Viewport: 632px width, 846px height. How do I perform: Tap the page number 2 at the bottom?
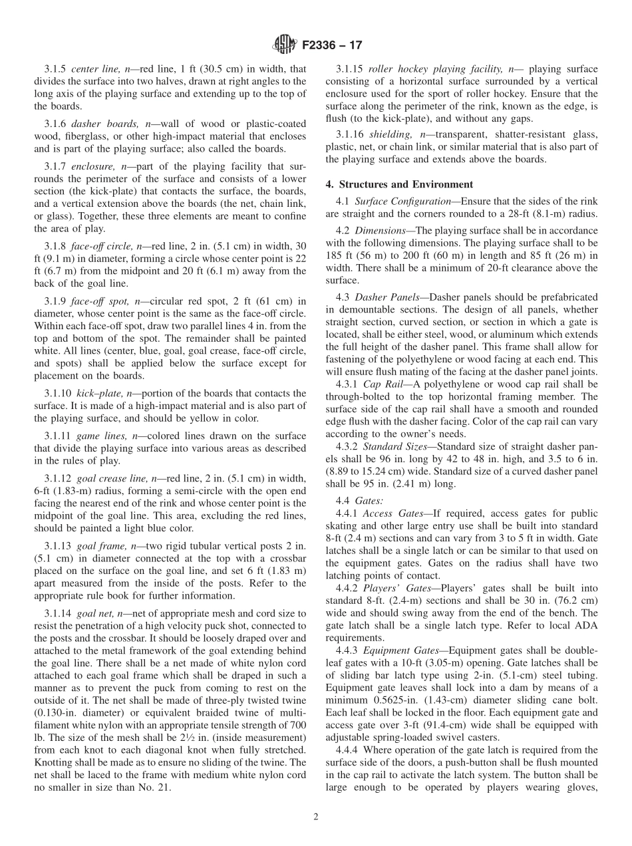pos(315,817)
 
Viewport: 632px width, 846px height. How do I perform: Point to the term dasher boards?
pos(96,124)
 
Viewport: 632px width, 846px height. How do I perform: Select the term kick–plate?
pos(92,394)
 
